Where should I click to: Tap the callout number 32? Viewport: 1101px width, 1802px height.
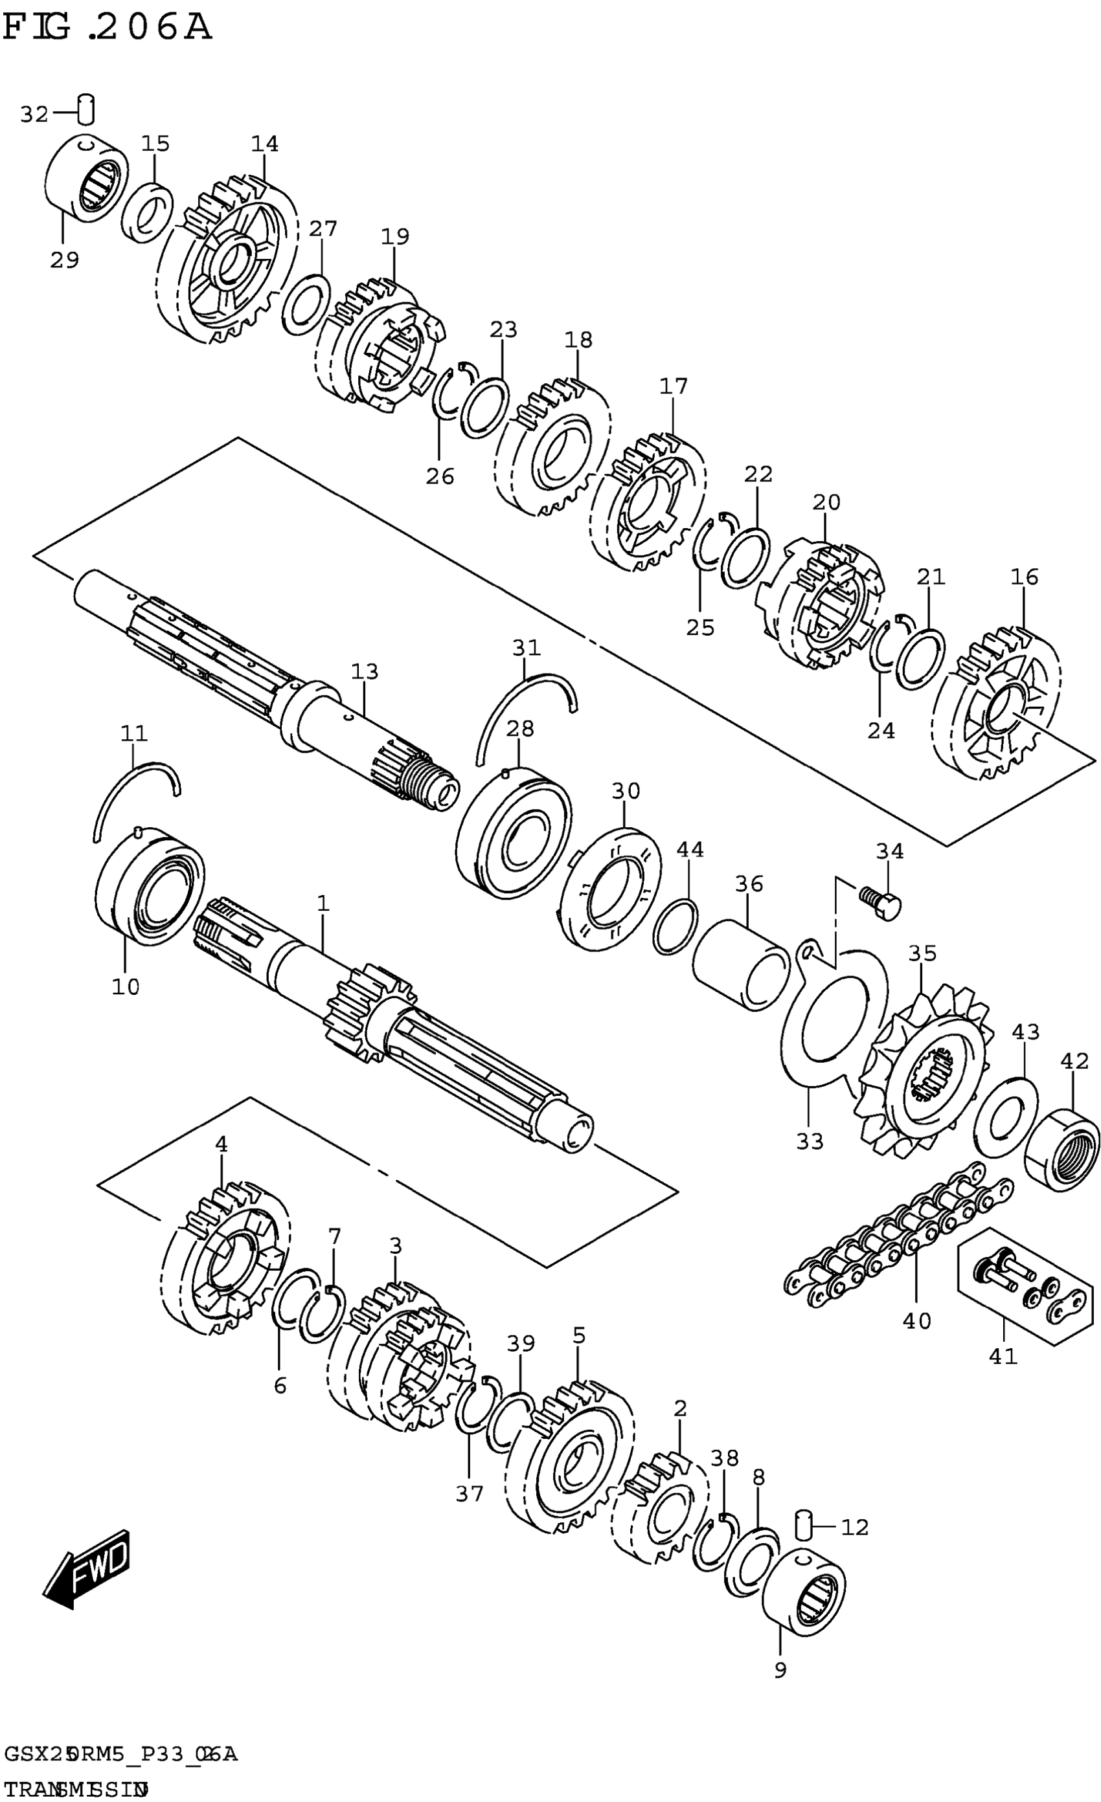34,114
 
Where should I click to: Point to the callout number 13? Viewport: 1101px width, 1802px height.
365,671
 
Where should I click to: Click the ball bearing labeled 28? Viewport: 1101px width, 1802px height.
513,833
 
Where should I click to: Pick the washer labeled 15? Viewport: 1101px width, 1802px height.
147,213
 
